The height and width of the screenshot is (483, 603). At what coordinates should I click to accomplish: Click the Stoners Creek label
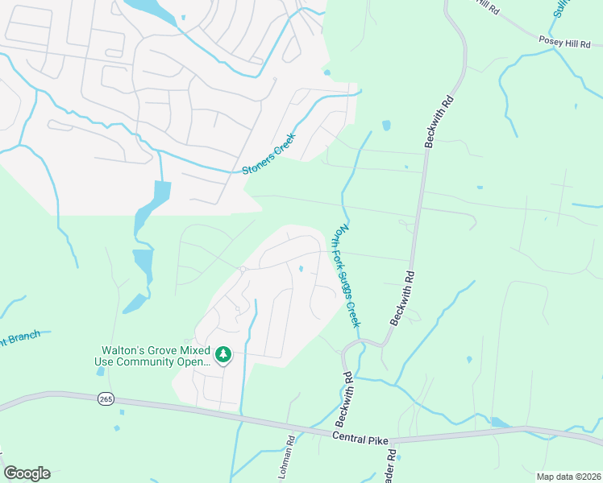coord(269,154)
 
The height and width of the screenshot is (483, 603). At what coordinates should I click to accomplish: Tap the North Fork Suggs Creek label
coord(347,276)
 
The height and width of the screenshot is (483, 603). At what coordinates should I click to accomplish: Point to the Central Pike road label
coord(360,436)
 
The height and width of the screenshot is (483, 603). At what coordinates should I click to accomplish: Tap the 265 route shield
coord(106,399)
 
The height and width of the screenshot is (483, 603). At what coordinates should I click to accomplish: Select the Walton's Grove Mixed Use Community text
coord(153,356)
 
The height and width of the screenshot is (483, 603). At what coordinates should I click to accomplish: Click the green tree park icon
coord(223,354)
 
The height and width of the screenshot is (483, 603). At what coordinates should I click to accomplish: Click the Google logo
coord(27,473)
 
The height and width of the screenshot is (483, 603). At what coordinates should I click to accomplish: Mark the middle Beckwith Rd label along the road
coord(403,298)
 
